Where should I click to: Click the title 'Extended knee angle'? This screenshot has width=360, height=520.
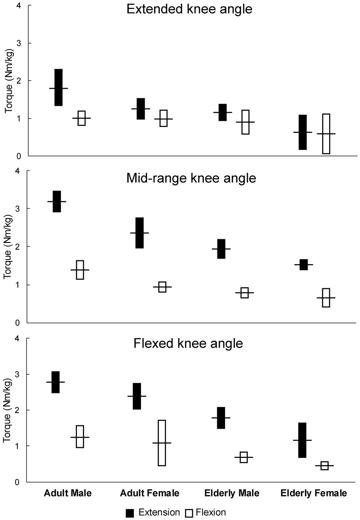point(189,9)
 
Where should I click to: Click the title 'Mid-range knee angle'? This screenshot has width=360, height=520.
point(191,178)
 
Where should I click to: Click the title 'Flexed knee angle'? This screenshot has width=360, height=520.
point(188,343)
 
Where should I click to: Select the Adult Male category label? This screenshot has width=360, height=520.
point(68,493)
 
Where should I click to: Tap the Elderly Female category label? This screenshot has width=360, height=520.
point(314,493)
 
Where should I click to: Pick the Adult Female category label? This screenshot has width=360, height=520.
point(150,493)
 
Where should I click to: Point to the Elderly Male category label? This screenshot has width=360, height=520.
point(232,493)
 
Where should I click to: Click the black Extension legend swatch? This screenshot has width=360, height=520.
point(130,513)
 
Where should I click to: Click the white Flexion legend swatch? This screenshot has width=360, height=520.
point(189,513)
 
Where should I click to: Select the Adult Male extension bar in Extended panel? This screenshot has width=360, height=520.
point(58,88)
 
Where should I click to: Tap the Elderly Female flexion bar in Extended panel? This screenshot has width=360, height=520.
point(326,134)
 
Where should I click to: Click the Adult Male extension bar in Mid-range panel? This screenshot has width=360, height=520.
point(57,201)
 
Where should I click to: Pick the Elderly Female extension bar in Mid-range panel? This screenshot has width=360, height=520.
point(304,264)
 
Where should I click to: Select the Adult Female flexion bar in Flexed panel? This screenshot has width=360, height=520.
point(162,443)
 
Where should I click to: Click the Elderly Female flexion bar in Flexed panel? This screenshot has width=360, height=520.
point(324,466)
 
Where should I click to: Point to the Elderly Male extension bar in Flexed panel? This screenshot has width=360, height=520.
point(221,418)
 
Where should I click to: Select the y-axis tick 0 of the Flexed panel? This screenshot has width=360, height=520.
point(17,482)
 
